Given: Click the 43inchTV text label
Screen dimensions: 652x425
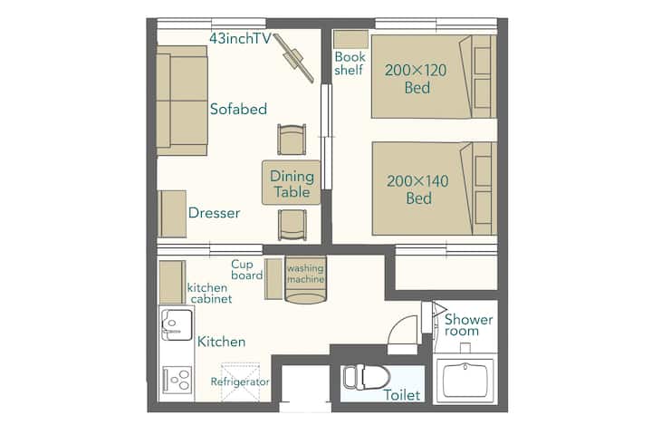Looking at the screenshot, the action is point(240,38).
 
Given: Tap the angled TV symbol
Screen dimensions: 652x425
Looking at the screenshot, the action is point(294,58).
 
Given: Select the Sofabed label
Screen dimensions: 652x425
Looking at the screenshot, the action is point(238,109).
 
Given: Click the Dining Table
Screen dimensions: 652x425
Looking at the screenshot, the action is point(291,183).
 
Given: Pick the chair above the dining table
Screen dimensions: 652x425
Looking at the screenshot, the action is point(292,139).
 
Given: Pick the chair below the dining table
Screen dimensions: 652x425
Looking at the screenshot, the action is point(292,225).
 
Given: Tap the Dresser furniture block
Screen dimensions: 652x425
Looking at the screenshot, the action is point(172,214).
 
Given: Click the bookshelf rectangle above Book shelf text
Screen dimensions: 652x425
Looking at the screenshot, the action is point(351,39).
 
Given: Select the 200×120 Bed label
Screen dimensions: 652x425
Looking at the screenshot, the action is point(416,79).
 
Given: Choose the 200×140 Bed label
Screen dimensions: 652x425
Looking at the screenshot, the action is point(417,189).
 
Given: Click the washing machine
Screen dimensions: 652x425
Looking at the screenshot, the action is point(306,279).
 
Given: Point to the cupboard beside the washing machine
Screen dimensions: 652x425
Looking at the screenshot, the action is point(273,278).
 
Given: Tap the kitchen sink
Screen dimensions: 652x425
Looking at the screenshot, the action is point(177,323).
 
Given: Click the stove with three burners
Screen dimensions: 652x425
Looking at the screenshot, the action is point(177,380).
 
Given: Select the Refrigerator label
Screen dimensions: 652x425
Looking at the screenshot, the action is point(240,382).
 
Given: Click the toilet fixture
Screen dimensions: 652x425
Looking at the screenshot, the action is point(366,377).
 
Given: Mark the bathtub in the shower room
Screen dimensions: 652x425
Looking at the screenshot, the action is point(465,380).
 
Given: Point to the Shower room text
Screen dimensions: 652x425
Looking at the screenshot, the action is point(468,325).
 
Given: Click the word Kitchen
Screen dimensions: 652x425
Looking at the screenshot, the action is point(221,342).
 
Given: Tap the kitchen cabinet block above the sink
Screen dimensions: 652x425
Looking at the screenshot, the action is point(172,282).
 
